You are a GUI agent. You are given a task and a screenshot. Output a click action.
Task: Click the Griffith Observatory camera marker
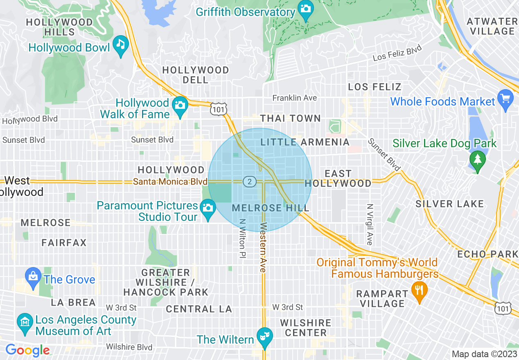(x=305, y=8)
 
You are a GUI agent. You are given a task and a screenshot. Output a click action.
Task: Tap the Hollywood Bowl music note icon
(x=121, y=44)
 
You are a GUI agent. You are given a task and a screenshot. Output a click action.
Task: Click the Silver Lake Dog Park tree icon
(x=477, y=158)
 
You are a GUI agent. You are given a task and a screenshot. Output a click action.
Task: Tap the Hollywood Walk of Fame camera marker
(x=179, y=105)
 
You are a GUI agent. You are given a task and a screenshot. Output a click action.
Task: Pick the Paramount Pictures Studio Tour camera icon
(x=208, y=208)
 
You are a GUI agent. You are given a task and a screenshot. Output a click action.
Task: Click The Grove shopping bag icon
(x=33, y=277)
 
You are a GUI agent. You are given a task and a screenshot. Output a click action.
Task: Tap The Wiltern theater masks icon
(x=264, y=337)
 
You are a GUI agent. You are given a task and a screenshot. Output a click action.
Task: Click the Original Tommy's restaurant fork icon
(x=419, y=290)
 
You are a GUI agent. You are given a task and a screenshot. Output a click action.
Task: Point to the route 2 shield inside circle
(x=249, y=181)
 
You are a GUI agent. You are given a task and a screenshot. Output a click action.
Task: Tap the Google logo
(x=27, y=350)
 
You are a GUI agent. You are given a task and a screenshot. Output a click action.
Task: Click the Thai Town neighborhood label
(x=291, y=119)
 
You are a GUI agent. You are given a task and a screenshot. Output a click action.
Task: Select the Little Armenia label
(x=305, y=142)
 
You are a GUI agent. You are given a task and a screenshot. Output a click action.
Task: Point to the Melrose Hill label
(x=270, y=208)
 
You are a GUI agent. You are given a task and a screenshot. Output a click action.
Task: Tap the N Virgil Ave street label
(x=370, y=225)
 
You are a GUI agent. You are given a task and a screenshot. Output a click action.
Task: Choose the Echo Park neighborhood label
(x=487, y=254)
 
